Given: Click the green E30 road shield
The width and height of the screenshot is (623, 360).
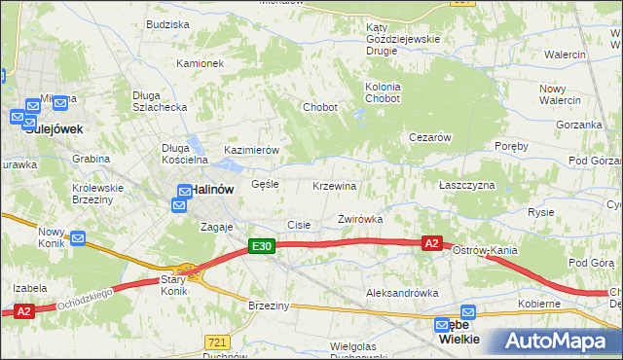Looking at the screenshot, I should point(260,248).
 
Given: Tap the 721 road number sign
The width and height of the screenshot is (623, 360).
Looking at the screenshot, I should point(218,342).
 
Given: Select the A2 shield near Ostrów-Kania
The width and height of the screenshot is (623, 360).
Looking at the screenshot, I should point(433,243).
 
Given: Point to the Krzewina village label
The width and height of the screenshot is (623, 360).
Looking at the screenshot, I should point(334,186).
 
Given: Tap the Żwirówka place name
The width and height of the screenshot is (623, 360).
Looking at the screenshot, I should point(359,220).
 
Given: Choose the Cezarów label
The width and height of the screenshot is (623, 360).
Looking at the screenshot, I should point(429,138).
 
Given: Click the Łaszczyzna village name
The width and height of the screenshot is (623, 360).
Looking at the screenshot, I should point(466,185).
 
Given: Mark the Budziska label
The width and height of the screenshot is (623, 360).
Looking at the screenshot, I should point(166,24).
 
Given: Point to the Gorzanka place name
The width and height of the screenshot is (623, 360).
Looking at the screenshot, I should point(579,126).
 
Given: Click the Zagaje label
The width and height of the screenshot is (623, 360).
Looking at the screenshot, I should point(216,227).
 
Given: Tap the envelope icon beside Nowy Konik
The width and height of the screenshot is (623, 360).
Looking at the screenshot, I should point(78,237).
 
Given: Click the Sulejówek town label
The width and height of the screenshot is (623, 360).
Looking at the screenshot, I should point(55,128).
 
